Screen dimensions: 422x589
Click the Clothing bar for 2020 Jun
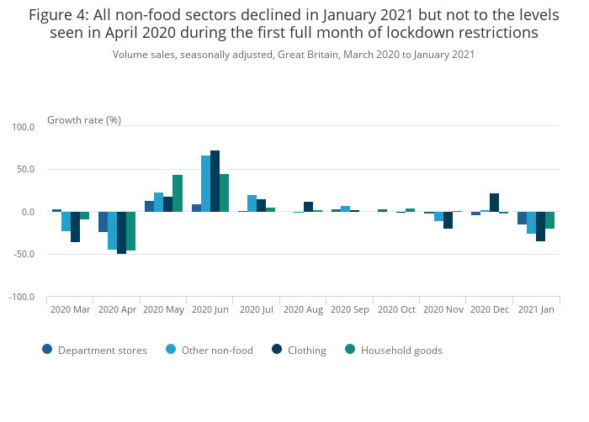point(215,181)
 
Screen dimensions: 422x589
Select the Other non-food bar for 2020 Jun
point(206,183)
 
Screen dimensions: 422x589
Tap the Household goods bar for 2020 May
point(178,193)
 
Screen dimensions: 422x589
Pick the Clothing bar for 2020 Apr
point(122,233)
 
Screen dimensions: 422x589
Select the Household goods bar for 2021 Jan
point(549,220)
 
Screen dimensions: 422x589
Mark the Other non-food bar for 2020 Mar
point(66,221)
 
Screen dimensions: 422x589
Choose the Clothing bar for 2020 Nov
point(448,220)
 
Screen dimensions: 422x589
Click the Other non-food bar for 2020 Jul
point(252,203)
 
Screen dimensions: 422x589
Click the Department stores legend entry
point(95,350)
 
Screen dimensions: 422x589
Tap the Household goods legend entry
point(394,350)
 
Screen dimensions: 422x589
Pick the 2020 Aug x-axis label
point(303,310)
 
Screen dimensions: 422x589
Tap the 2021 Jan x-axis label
point(536,310)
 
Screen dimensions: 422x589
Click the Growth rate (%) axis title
point(84,120)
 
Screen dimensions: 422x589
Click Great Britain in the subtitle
point(310,55)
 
